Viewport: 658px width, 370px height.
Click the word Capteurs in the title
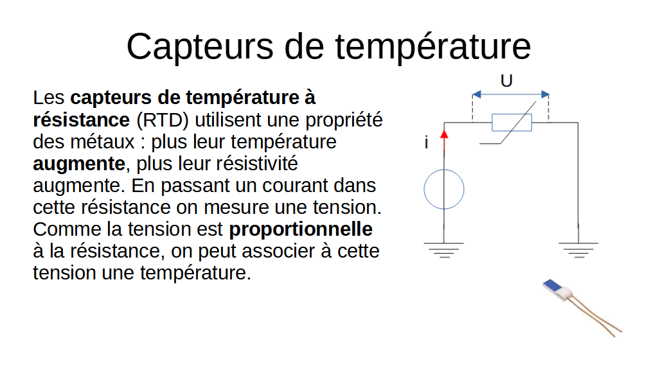coord(200,48)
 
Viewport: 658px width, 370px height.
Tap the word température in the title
coord(432,48)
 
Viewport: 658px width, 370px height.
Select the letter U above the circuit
coord(506,80)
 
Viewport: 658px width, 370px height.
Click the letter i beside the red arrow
coord(427,143)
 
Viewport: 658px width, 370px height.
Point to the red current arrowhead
coord(444,134)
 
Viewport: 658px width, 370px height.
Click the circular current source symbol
coord(444,189)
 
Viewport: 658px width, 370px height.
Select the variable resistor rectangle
coord(511,123)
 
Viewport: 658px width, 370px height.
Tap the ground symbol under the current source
coord(444,250)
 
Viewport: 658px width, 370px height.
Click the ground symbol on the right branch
coord(578,250)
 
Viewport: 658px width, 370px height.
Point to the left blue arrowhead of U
coord(477,94)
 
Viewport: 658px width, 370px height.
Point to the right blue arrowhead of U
coord(545,94)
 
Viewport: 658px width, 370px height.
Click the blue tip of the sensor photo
coord(552,285)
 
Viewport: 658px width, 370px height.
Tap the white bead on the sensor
coord(565,292)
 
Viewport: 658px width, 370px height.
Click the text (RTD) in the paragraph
coord(163,120)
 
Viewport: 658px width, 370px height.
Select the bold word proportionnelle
coord(301,229)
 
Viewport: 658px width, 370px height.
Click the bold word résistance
coord(82,120)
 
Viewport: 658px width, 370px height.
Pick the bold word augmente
coord(79,164)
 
